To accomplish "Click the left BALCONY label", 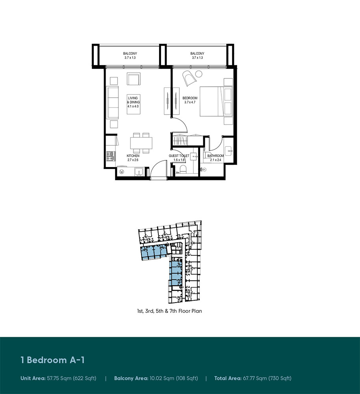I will click(x=130, y=54).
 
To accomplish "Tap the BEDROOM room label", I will click(x=190, y=98).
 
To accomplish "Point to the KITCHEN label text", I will click(x=133, y=156).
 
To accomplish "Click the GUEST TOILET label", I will click(x=179, y=156).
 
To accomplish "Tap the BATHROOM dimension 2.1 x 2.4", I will click(x=215, y=160).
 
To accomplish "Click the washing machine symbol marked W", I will click(x=122, y=172).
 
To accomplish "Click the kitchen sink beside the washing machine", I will click(x=138, y=171).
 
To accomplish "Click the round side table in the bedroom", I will click(x=199, y=73).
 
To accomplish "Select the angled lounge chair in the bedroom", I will click(x=189, y=78).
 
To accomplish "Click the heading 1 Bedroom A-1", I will click(x=52, y=360).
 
